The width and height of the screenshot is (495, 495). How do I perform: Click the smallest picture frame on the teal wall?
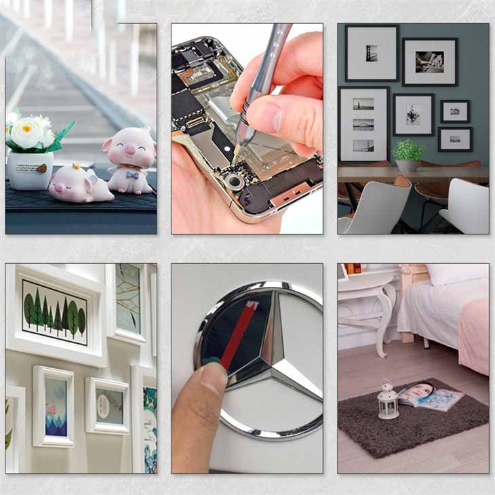pos(455,111)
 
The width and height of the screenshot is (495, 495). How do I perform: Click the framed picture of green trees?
pos(54,313)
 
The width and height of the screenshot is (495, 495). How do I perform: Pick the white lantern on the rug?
pos(387,401)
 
